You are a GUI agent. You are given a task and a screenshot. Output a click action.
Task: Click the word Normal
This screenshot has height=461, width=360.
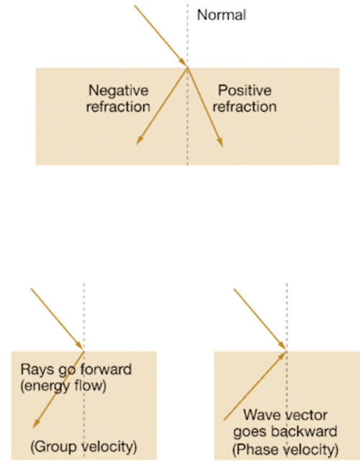[221, 15]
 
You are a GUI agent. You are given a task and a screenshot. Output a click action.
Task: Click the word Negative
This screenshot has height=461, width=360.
[118, 90]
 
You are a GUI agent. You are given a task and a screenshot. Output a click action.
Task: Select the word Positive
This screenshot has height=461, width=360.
[245, 90]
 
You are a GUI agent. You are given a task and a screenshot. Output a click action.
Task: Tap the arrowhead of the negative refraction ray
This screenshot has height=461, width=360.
[139, 140]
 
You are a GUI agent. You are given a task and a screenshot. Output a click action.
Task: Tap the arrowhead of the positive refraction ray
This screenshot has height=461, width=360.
[220, 142]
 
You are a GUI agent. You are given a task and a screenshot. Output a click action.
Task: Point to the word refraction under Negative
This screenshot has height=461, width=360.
[118, 107]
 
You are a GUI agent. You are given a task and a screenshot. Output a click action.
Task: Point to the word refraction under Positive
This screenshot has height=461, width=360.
[245, 107]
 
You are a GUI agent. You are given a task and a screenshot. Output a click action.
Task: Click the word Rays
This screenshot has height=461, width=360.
[37, 370]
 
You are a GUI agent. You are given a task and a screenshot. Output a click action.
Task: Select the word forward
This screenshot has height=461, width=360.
[106, 370]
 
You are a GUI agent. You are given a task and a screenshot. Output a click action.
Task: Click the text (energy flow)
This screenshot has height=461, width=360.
[63, 386]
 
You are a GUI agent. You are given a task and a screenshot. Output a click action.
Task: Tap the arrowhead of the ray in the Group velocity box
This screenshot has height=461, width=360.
[36, 423]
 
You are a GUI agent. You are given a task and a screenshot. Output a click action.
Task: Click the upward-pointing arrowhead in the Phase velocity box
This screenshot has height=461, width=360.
[282, 356]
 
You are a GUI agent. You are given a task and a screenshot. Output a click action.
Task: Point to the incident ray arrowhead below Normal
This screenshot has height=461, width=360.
[183, 63]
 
